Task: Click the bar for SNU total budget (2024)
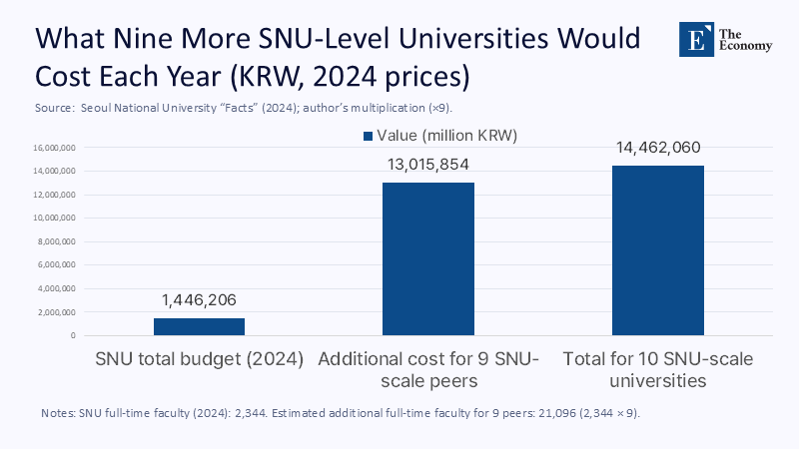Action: coord(199,326)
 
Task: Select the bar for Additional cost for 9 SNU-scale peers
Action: coord(428,258)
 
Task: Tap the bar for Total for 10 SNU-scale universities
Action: coord(657,250)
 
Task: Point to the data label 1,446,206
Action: coord(199,299)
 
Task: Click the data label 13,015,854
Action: coord(428,164)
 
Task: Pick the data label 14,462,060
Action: coord(657,148)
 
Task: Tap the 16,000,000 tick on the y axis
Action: coord(52,148)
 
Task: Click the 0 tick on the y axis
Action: coord(73,335)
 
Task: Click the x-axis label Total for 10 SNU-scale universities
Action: coord(657,369)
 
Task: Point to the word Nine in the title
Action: coord(158,39)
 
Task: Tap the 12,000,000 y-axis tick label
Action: coord(52,195)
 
